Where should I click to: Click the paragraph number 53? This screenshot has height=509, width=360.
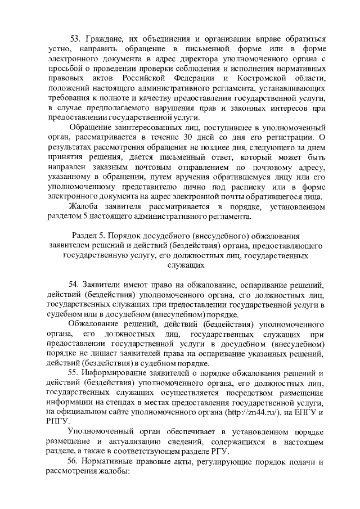point(75,39)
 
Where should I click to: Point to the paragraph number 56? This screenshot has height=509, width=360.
point(74,462)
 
